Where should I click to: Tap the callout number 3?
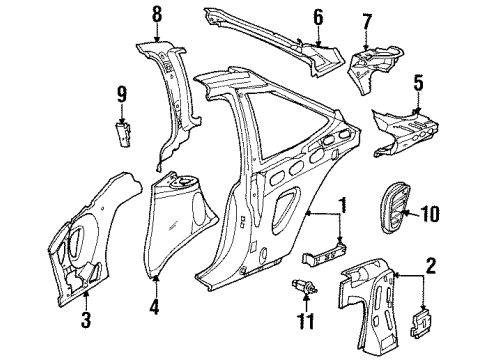[x=87, y=319]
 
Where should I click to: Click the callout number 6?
[x=318, y=16]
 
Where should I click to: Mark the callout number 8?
[x=156, y=14]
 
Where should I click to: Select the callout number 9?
[x=120, y=96]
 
